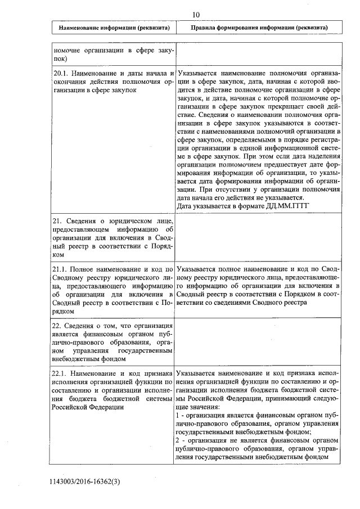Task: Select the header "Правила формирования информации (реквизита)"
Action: (x=259, y=27)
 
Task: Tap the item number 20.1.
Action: (x=61, y=74)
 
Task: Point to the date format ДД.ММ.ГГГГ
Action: (x=291, y=206)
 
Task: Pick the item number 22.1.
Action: (x=61, y=373)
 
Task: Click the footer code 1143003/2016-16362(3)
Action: (x=85, y=482)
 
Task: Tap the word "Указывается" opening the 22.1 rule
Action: (x=199, y=373)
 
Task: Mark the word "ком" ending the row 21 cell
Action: (x=59, y=254)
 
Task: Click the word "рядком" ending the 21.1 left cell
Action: (x=64, y=311)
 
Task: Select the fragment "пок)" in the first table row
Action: (x=60, y=58)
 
